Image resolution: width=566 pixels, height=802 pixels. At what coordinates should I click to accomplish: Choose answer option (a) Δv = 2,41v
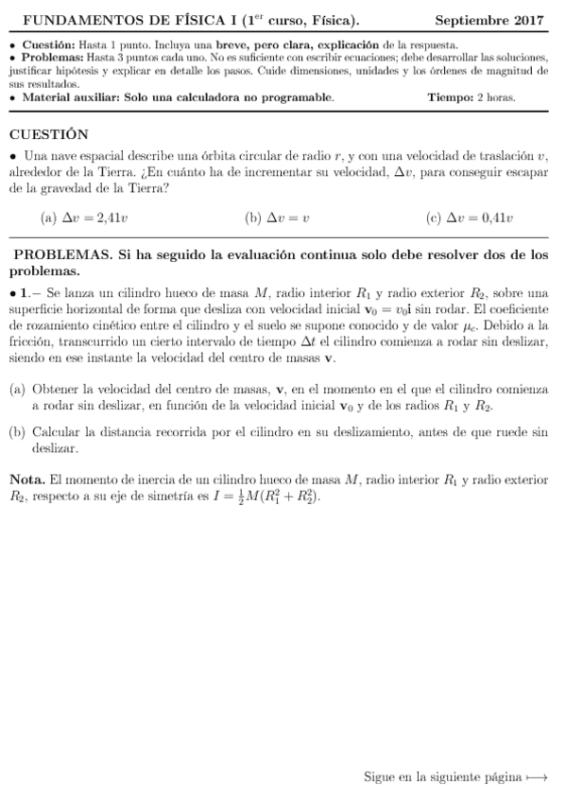click(84, 218)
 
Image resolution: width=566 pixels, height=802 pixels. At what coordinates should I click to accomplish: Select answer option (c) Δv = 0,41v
click(470, 218)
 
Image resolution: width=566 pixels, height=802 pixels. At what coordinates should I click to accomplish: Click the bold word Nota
click(26, 479)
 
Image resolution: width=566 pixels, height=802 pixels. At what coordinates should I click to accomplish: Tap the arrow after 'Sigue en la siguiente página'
click(537, 777)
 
